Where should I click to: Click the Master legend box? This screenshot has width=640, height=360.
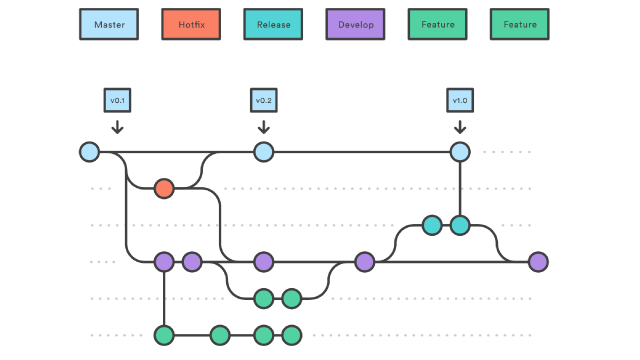(109, 24)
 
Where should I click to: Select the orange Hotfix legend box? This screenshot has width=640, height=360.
(191, 24)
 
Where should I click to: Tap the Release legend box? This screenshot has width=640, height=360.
(273, 24)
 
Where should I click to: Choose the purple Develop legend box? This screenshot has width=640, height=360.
(355, 24)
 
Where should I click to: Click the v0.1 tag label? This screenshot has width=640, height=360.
(118, 100)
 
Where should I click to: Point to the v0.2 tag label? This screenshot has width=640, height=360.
(264, 100)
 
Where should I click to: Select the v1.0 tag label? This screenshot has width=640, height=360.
(460, 100)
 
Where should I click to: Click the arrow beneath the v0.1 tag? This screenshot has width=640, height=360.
(118, 126)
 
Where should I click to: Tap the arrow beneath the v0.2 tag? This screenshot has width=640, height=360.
(264, 126)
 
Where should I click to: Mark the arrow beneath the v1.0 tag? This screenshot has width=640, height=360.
(460, 126)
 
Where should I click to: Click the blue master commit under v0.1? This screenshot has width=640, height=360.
(90, 152)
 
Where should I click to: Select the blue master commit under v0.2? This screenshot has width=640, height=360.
(264, 152)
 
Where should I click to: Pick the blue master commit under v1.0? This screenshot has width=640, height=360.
(460, 152)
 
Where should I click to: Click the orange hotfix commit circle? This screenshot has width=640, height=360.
(164, 189)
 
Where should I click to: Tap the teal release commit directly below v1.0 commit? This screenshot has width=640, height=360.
(460, 225)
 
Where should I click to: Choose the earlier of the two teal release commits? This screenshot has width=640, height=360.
(432, 225)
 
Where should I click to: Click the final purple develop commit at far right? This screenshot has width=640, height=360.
(539, 262)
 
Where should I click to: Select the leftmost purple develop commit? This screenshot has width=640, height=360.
(164, 262)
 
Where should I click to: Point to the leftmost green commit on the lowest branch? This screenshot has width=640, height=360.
(164, 335)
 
